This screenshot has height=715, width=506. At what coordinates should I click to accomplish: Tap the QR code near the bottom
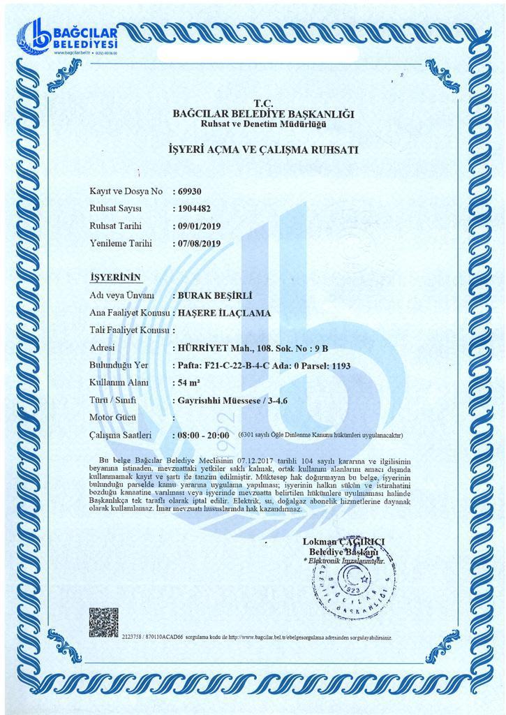(x=104, y=621)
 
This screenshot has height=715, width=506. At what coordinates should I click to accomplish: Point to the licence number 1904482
(x=195, y=208)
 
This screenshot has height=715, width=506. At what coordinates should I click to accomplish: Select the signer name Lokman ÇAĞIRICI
(x=345, y=541)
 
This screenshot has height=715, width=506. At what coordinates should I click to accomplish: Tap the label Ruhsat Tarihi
(x=116, y=226)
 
